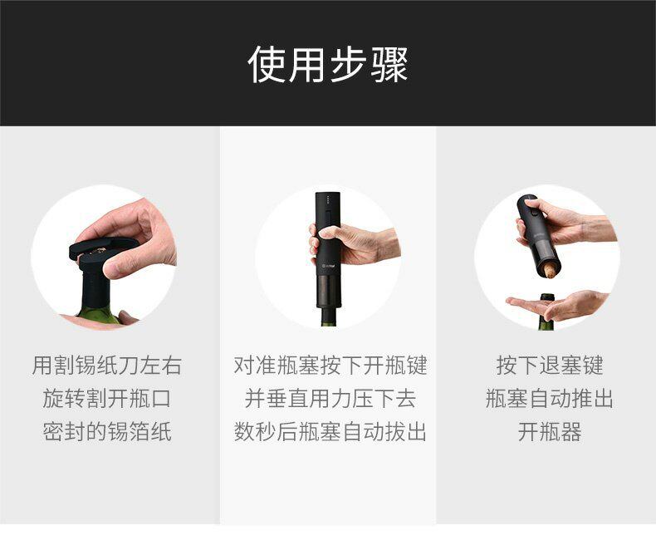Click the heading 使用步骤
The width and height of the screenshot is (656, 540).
[x=327, y=64]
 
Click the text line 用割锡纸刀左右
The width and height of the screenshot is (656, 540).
[x=106, y=365]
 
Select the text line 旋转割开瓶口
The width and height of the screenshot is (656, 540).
[x=106, y=398]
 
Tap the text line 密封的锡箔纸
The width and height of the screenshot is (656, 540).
[x=106, y=431]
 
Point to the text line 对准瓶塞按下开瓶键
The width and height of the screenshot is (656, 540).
[x=330, y=365]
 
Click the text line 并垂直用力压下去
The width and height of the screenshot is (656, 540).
[x=330, y=398]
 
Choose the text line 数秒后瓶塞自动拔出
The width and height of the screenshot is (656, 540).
[x=330, y=431]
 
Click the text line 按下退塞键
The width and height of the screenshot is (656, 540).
[x=550, y=365]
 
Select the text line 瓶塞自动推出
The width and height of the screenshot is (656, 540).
[x=550, y=398]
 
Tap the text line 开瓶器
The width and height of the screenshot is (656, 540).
[x=550, y=431]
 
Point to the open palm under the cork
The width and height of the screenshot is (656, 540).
[x=556, y=304]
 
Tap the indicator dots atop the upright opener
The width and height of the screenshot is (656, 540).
[x=329, y=197]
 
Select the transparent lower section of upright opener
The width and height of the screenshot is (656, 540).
[x=329, y=289]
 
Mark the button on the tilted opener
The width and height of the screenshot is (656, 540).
[x=534, y=212]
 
